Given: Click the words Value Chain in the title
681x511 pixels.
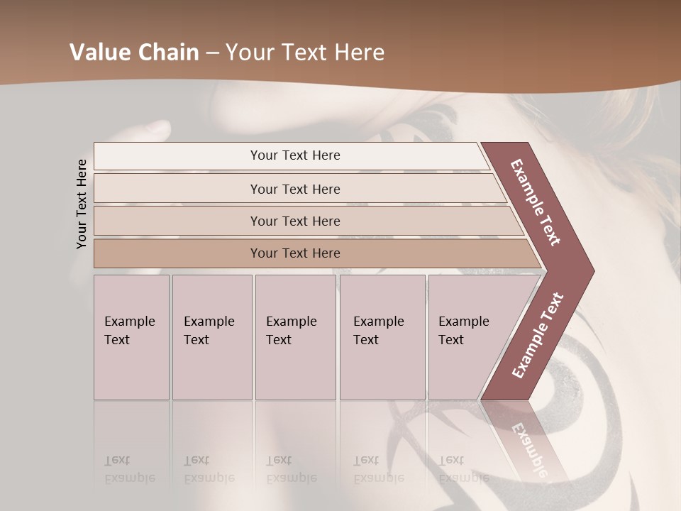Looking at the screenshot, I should (134, 53).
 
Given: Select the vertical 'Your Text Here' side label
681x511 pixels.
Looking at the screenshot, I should (82, 204).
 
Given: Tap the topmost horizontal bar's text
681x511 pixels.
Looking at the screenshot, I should (295, 155).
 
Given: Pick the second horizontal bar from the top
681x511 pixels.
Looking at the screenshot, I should (295, 189).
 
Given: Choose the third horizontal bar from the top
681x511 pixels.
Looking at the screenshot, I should (295, 221).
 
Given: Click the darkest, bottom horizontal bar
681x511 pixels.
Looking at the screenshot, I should (295, 253).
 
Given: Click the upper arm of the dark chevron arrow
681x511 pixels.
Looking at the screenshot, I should (536, 202).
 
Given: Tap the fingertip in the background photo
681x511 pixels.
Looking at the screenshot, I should (157, 128).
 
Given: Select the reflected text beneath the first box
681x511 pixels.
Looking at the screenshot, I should (129, 468).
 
